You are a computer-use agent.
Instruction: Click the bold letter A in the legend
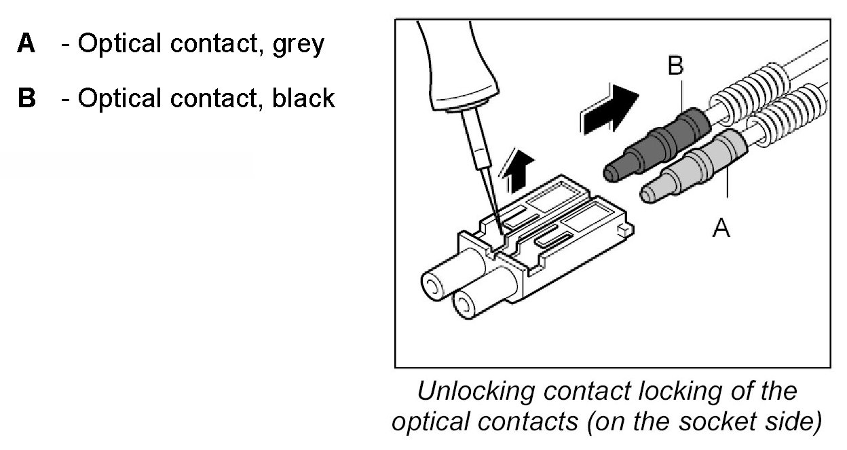pyautogui.click(x=26, y=45)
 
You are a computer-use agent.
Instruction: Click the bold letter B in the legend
pyautogui.click(x=27, y=98)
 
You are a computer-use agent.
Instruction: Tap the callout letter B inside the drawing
pyautogui.click(x=676, y=66)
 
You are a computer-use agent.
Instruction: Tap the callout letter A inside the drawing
pyautogui.click(x=721, y=229)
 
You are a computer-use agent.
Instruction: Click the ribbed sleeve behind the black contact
pyautogui.click(x=747, y=95)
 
